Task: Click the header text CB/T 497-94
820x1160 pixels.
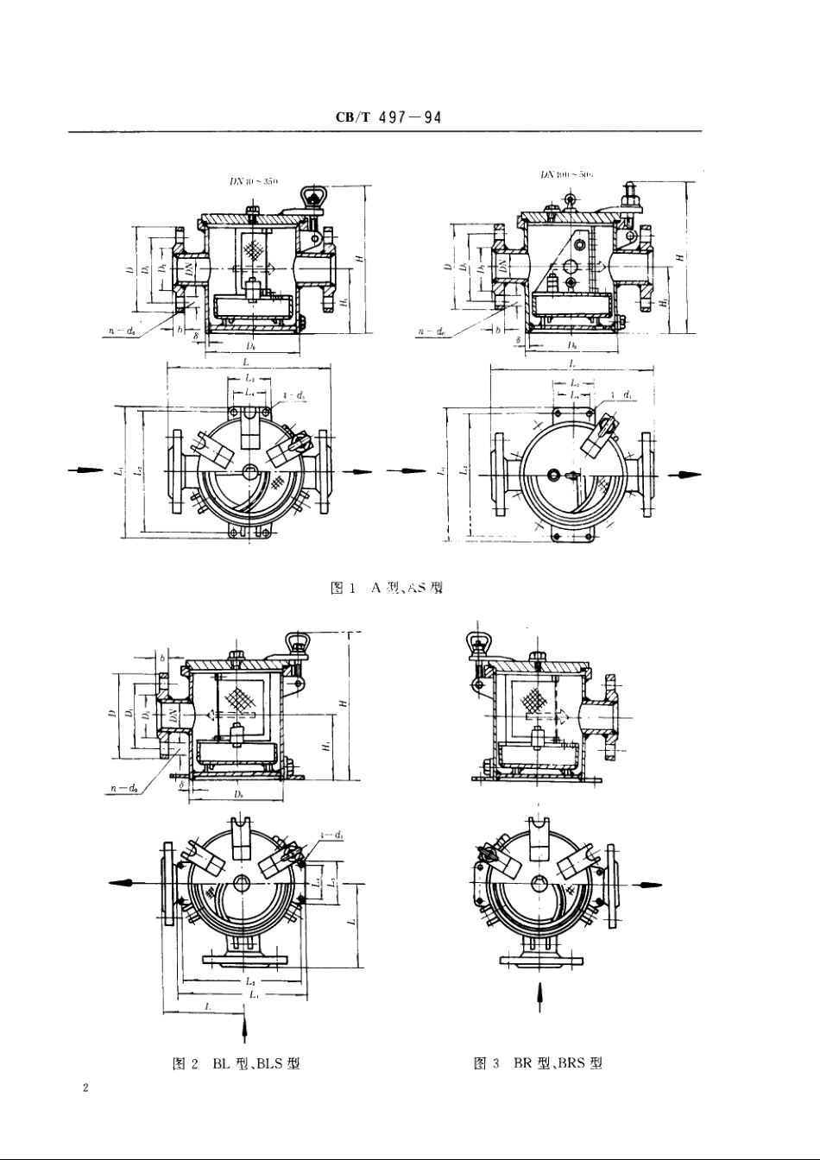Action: click(x=388, y=117)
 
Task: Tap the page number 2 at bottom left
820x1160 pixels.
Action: click(x=85, y=1087)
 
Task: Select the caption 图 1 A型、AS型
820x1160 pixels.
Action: click(x=388, y=589)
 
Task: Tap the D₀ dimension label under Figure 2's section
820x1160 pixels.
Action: click(x=237, y=791)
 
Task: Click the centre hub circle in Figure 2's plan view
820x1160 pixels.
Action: click(x=241, y=883)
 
